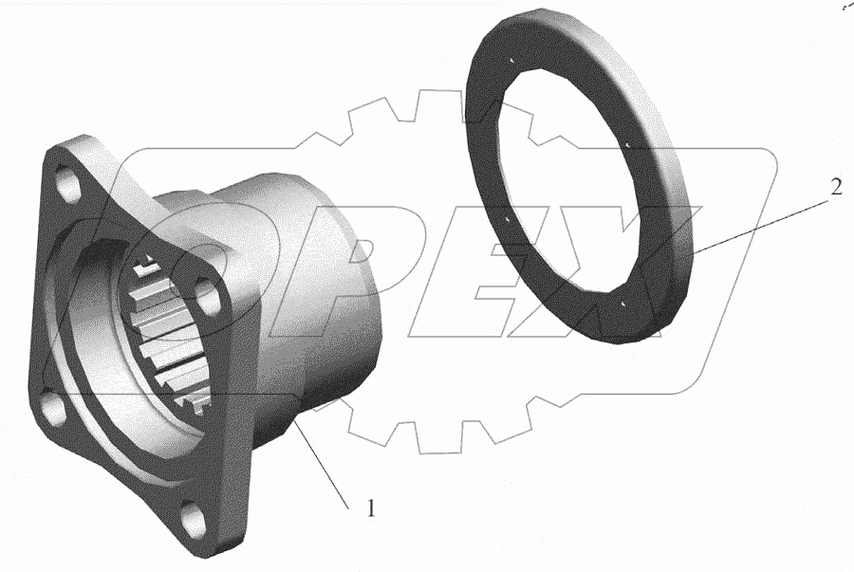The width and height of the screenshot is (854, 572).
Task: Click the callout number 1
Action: tap(370, 508)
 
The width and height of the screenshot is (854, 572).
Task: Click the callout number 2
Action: tap(836, 187)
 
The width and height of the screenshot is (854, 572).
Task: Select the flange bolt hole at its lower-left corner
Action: tap(52, 408)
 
